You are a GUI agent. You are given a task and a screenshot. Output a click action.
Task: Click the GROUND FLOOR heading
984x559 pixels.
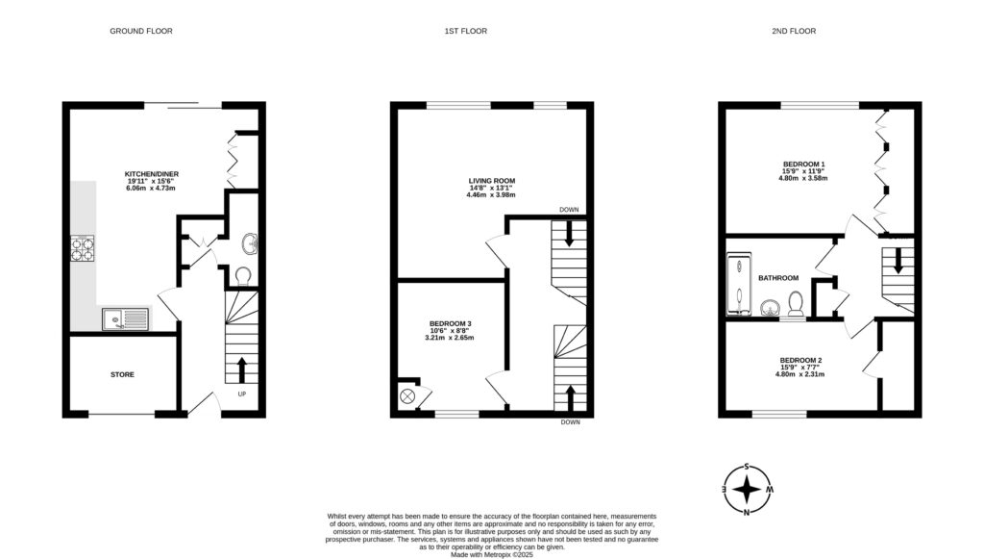click(140, 31)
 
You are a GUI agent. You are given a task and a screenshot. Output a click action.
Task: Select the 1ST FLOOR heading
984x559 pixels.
click(465, 31)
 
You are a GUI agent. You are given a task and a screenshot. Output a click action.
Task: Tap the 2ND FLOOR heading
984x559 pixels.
click(793, 31)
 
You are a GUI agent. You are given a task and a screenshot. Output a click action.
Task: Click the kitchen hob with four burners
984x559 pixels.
click(82, 248)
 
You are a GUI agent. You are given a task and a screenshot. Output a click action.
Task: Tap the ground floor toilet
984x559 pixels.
click(242, 277)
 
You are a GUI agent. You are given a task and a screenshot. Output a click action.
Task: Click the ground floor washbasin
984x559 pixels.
click(248, 241)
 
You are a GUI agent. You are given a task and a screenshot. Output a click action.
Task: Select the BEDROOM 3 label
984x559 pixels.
click(450, 323)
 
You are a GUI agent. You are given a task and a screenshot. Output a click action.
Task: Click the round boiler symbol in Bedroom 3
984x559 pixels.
click(407, 395)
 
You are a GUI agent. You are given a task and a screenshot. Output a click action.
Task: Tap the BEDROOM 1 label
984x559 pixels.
click(802, 164)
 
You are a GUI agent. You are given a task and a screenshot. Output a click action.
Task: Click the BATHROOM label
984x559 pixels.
click(777, 278)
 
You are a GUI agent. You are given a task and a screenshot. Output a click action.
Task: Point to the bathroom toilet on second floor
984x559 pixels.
click(795, 304)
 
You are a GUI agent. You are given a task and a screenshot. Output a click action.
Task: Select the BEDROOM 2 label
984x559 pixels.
click(800, 360)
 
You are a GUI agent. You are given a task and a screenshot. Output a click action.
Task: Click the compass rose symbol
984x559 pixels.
click(747, 490)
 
